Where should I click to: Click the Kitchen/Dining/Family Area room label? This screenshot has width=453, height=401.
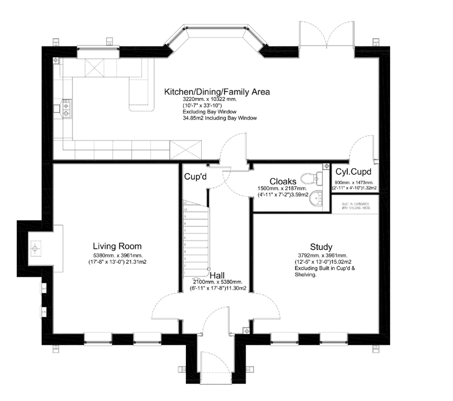click(217, 92)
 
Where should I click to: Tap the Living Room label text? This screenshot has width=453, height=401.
click(117, 246)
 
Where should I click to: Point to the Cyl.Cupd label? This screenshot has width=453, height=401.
click(353, 172)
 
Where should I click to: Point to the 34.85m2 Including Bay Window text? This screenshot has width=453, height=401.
click(219, 118)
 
